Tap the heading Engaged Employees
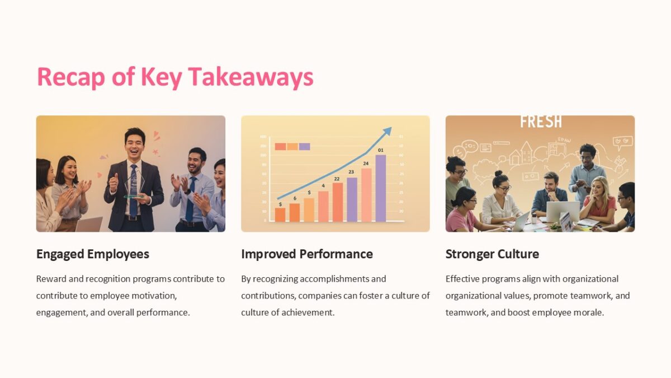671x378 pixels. tap(92, 254)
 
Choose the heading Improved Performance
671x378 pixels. tap(306, 254)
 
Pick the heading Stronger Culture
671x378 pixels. tap(492, 254)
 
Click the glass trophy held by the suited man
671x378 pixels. tap(134, 185)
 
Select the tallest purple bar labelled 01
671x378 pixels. tap(380, 188)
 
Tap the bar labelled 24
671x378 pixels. tap(366, 194)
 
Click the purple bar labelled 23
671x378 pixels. tap(352, 199)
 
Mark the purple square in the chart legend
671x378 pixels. tap(304, 147)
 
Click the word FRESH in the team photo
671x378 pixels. tap(541, 122)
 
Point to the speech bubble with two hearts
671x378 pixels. tap(621, 142)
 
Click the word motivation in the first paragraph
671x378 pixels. tap(157, 296)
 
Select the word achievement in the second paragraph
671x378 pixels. tap(308, 312)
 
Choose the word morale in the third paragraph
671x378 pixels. tap(590, 312)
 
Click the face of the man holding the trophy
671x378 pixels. tap(134, 143)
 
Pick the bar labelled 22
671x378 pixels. tap(337, 202)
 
